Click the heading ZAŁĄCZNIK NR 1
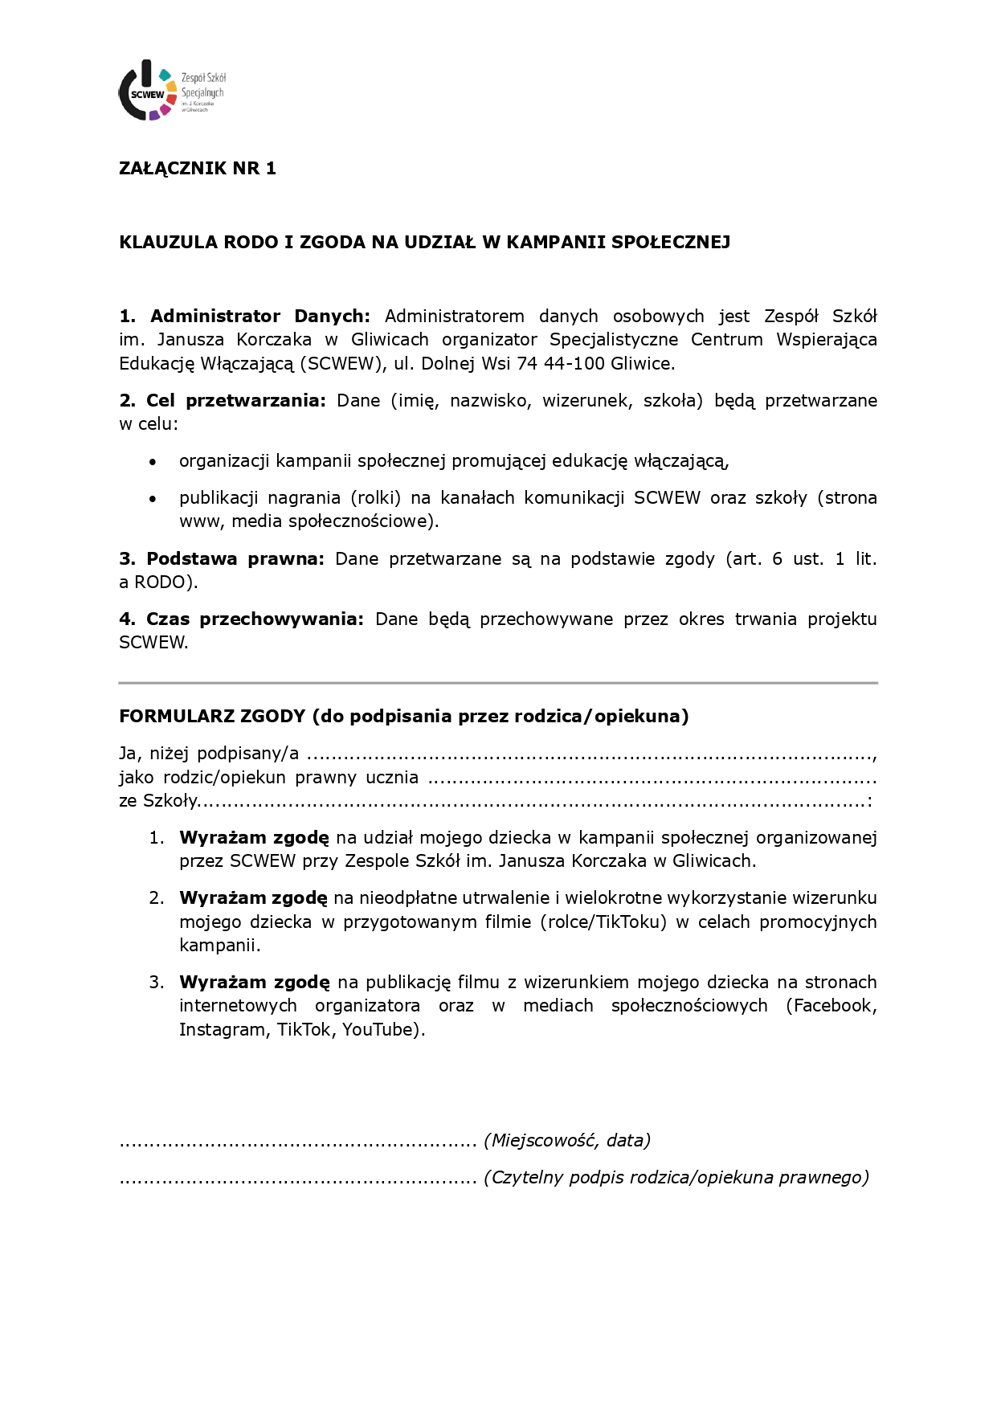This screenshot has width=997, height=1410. (x=197, y=168)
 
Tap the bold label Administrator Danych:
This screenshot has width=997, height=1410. (x=259, y=316)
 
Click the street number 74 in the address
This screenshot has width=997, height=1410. (x=527, y=363)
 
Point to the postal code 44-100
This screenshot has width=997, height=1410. (x=574, y=363)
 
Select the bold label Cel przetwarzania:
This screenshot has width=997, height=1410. (x=235, y=400)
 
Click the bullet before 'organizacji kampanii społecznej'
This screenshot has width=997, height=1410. (x=153, y=462)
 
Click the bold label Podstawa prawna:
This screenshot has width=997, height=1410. (x=235, y=558)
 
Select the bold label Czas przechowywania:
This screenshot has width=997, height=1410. (x=255, y=619)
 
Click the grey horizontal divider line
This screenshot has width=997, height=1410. (x=498, y=683)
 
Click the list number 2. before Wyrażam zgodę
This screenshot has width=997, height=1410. (x=157, y=897)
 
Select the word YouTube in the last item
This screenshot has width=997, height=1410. (x=377, y=1029)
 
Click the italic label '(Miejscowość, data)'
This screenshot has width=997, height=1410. (x=566, y=1140)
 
